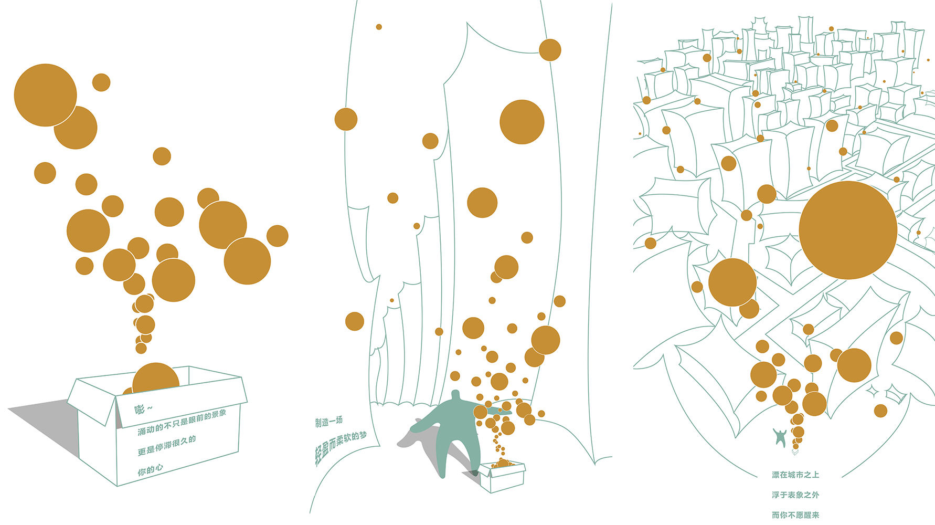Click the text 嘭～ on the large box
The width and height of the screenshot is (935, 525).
[143, 408]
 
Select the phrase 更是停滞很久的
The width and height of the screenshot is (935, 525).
[166, 445]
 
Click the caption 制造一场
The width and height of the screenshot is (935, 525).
[329, 421]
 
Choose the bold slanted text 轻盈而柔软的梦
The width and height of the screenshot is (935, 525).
[341, 447]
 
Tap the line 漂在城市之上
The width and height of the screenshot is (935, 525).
[795, 475]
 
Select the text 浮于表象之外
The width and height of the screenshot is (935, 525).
[795, 495]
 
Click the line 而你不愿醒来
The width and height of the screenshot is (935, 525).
[795, 515]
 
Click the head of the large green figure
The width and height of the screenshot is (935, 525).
[455, 395]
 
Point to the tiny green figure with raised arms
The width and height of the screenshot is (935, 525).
[780, 437]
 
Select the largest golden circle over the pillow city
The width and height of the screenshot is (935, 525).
[848, 230]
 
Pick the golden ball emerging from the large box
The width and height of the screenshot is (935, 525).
[156, 377]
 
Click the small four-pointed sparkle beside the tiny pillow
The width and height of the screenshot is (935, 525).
[873, 391]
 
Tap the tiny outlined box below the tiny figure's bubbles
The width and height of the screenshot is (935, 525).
[795, 451]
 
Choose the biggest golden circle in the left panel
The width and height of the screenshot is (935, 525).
[45, 95]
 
